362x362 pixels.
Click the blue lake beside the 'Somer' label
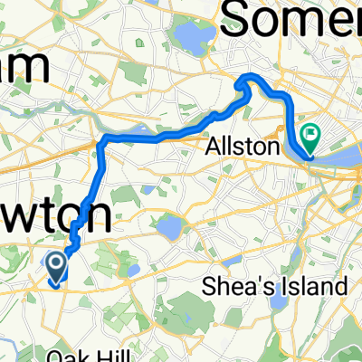193,36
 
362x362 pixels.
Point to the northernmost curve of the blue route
246,80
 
